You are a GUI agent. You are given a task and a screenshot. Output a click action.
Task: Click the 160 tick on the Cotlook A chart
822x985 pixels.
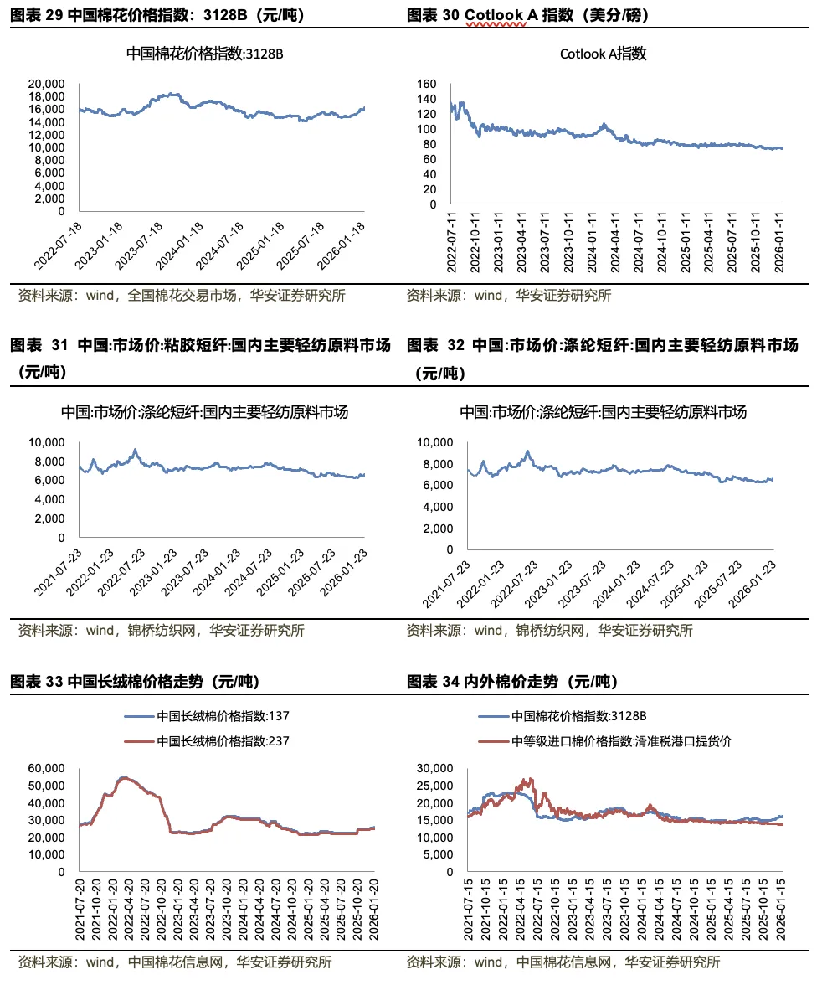pyautogui.click(x=427, y=84)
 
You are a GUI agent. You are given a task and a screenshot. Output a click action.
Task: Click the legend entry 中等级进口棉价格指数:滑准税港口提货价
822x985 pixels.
pyautogui.click(x=622, y=741)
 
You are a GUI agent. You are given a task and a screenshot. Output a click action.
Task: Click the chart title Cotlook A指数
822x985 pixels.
pyautogui.click(x=603, y=54)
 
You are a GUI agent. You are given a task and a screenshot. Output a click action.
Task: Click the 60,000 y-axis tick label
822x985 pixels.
pyautogui.click(x=48, y=768)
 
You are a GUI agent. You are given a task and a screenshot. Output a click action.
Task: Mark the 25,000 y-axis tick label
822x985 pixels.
pyautogui.click(x=434, y=786)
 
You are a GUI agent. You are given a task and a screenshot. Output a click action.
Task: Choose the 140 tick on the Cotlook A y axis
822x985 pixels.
pyautogui.click(x=427, y=99)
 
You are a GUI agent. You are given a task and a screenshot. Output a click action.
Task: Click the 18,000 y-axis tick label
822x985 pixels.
pyautogui.click(x=48, y=96)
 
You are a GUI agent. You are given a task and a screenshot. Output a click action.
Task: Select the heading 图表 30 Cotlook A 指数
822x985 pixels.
pyautogui.click(x=527, y=15)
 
